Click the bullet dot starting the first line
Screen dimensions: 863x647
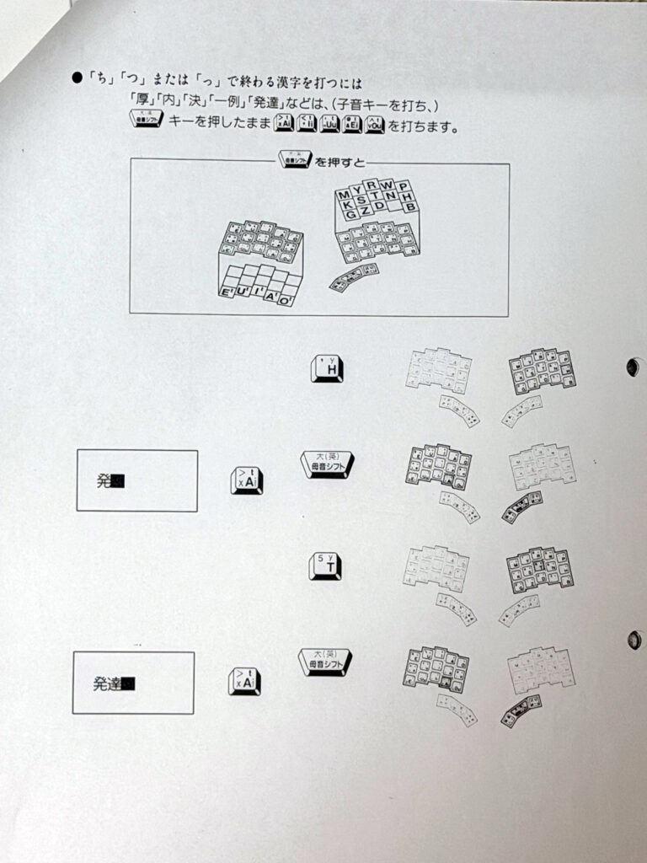(x=77, y=81)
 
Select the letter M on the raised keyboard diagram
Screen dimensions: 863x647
(x=344, y=196)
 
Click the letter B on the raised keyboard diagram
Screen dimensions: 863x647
(x=411, y=207)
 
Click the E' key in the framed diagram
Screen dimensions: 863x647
(x=226, y=292)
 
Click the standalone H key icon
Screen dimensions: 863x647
(x=327, y=368)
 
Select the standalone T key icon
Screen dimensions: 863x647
(x=325, y=566)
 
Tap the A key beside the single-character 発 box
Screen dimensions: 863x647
(x=246, y=480)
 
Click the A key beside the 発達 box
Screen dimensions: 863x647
(x=244, y=681)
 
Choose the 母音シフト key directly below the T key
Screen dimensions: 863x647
(x=325, y=662)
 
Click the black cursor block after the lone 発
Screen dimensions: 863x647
(x=118, y=481)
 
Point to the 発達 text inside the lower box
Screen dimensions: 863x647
(x=107, y=684)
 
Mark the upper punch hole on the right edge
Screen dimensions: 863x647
(x=634, y=367)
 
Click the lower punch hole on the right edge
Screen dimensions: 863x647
(x=634, y=640)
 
